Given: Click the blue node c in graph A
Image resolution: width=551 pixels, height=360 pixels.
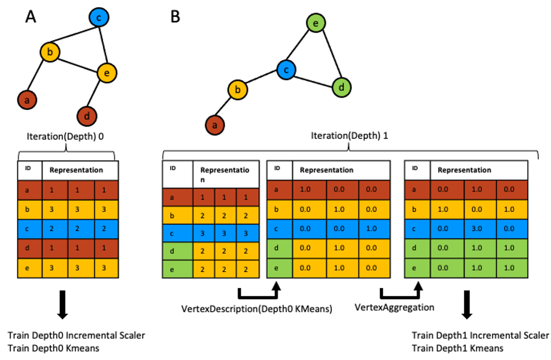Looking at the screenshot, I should point(99,18).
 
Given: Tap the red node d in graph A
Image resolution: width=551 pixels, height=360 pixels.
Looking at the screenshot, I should point(87,116).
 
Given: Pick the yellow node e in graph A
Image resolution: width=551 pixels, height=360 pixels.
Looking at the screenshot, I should point(107,72).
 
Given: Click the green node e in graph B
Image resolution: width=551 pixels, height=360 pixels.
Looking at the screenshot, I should point(315,23).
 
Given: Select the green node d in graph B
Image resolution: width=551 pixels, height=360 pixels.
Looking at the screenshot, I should point(341,86).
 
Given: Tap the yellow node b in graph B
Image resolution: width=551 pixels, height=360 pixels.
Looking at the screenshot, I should point(238,90).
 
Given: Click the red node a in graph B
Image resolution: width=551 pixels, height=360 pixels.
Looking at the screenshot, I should point(215,125).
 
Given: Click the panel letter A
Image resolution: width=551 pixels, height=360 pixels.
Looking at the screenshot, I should point(31,17).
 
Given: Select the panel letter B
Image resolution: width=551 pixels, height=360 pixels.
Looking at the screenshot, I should point(175,17).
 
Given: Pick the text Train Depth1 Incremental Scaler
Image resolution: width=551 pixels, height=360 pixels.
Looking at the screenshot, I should point(480,336).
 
